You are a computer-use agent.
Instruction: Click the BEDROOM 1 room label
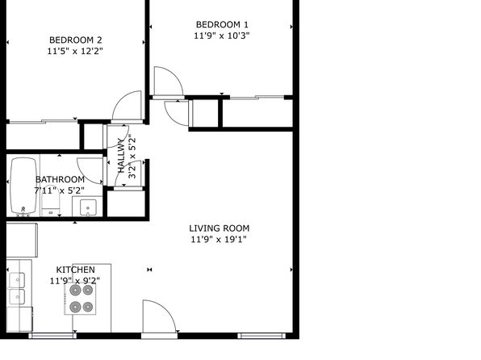click(222, 24)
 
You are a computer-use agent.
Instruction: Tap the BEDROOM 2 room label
click(76, 40)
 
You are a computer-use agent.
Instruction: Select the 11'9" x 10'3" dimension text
click(221, 36)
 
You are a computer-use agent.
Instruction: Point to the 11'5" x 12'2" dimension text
click(75, 51)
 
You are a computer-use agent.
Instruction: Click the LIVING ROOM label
click(220, 228)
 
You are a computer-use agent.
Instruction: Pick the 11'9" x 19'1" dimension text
click(219, 240)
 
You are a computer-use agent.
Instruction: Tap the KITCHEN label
click(76, 270)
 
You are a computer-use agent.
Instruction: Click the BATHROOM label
click(60, 179)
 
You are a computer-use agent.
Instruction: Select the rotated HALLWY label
click(122, 156)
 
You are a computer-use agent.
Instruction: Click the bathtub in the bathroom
click(23, 186)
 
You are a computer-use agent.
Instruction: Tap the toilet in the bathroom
click(51, 201)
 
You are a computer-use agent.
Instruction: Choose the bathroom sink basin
click(88, 207)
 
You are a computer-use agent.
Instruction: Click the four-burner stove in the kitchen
click(80, 299)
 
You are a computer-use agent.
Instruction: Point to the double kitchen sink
click(17, 288)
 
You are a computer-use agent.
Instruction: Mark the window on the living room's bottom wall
click(261, 336)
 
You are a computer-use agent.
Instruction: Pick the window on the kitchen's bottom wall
click(52, 336)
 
